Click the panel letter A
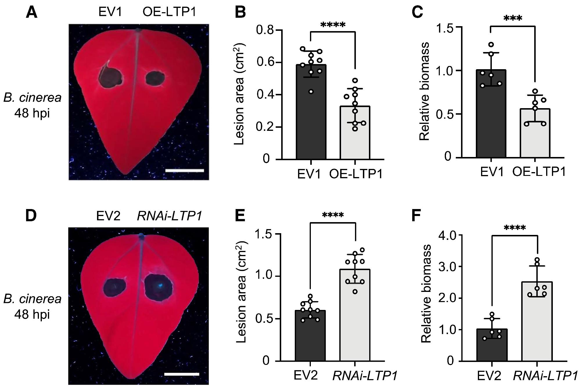31,13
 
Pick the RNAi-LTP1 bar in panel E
355,315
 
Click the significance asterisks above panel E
333,215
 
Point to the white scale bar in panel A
184,170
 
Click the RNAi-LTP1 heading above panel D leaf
169,216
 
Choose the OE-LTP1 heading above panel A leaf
169,12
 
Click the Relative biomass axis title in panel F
426,294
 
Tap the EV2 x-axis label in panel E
306,375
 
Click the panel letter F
417,216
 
